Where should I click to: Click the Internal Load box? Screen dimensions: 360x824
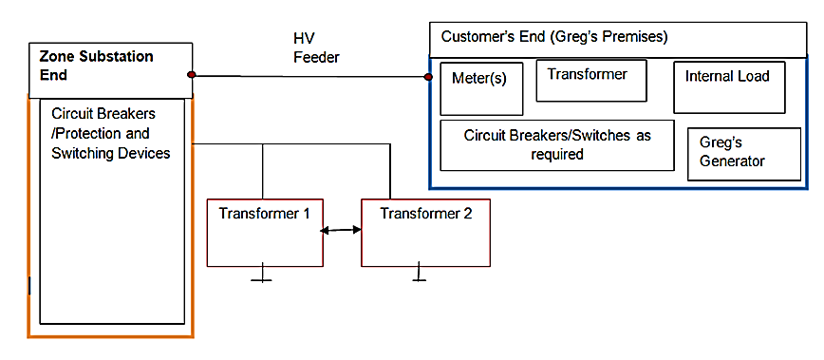pyautogui.click(x=729, y=86)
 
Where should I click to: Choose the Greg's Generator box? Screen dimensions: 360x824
pyautogui.click(x=743, y=153)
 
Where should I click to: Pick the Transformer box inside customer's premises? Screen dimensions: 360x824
pyautogui.click(x=590, y=80)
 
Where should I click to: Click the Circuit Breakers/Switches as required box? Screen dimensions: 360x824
pyautogui.click(x=557, y=144)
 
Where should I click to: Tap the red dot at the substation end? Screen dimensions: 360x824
pyautogui.click(x=192, y=74)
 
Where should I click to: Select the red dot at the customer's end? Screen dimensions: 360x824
pyautogui.click(x=427, y=77)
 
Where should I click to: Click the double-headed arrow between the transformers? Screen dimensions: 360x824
pyautogui.click(x=342, y=230)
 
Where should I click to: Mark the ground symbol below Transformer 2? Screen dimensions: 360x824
pyautogui.click(x=418, y=276)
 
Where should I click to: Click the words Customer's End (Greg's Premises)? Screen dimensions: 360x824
pyautogui.click(x=554, y=37)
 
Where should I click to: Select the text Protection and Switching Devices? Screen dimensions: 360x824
pyautogui.click(x=110, y=143)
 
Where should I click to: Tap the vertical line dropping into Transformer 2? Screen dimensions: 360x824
pyautogui.click(x=390, y=171)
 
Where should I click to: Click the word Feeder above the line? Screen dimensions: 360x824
pyautogui.click(x=316, y=58)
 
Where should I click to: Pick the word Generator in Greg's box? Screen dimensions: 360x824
pyautogui.click(x=732, y=161)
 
